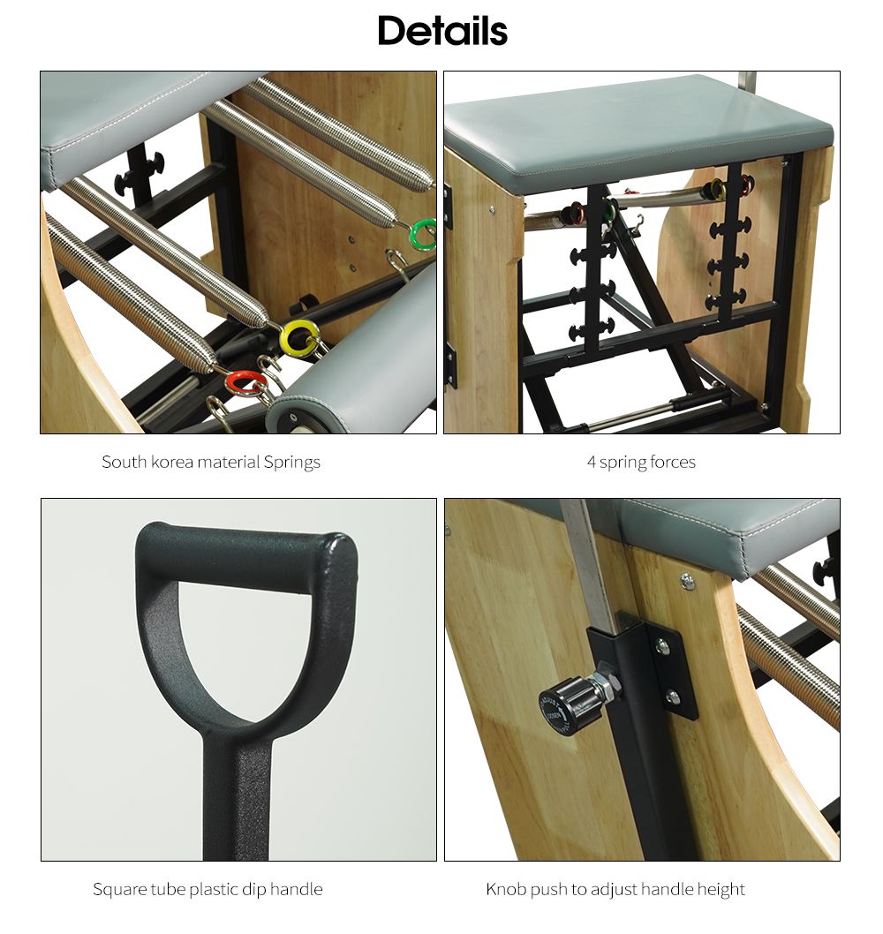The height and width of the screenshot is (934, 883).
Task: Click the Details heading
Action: click(442, 32)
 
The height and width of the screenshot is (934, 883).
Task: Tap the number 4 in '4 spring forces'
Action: click(591, 462)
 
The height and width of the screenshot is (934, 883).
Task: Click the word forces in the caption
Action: click(672, 462)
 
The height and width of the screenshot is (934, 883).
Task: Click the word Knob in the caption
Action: click(506, 889)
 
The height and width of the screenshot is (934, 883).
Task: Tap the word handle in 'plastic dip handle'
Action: click(295, 889)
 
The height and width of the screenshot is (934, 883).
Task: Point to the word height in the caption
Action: click(722, 889)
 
